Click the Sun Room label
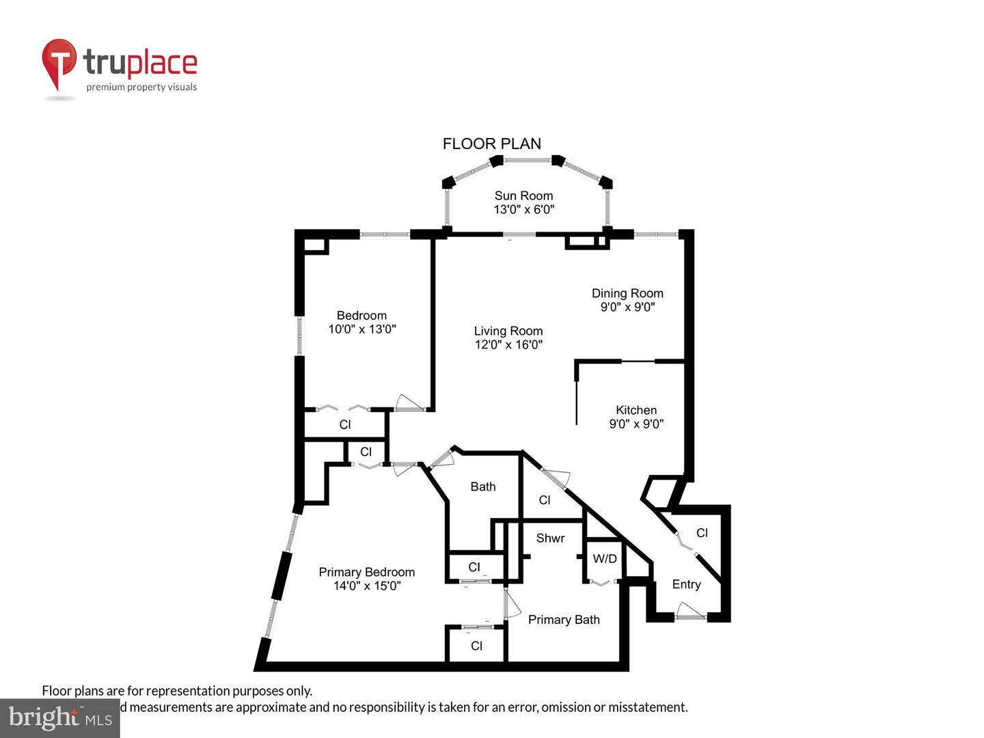pyautogui.click(x=523, y=196)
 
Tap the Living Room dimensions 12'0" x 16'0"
pyautogui.click(x=508, y=345)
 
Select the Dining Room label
pyautogui.click(x=627, y=293)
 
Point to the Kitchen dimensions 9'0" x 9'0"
pyautogui.click(x=636, y=424)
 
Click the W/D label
pyautogui.click(x=605, y=559)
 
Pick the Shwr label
pyautogui.click(x=550, y=538)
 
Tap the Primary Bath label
pyautogui.click(x=564, y=620)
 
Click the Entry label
pyautogui.click(x=686, y=584)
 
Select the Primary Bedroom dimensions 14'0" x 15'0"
pyautogui.click(x=367, y=586)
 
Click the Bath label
pyautogui.click(x=482, y=487)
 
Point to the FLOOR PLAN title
pyautogui.click(x=492, y=143)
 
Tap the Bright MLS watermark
pyautogui.click(x=59, y=717)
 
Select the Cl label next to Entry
pyautogui.click(x=702, y=533)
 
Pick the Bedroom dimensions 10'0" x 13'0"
pyautogui.click(x=362, y=329)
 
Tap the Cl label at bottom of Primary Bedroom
pyautogui.click(x=476, y=646)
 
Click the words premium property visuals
pyautogui.click(x=141, y=87)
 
